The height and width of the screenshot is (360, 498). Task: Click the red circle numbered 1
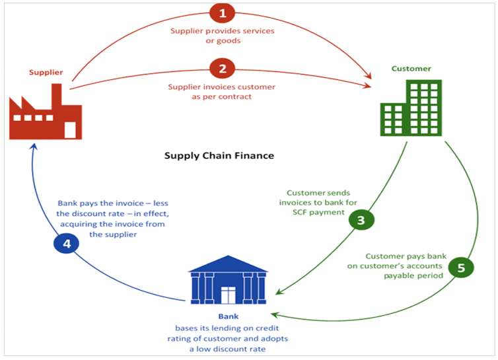coord(223,13)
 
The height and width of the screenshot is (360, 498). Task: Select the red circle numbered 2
coord(223,68)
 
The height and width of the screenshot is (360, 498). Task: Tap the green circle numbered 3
coord(361,221)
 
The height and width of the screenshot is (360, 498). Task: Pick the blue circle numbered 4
coord(66,244)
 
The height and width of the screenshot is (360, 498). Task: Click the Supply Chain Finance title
coord(219,156)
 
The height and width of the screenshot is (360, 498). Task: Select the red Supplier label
coord(46,72)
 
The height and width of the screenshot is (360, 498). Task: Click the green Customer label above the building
coord(411,69)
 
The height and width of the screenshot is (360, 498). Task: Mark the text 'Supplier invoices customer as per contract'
coord(222,92)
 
